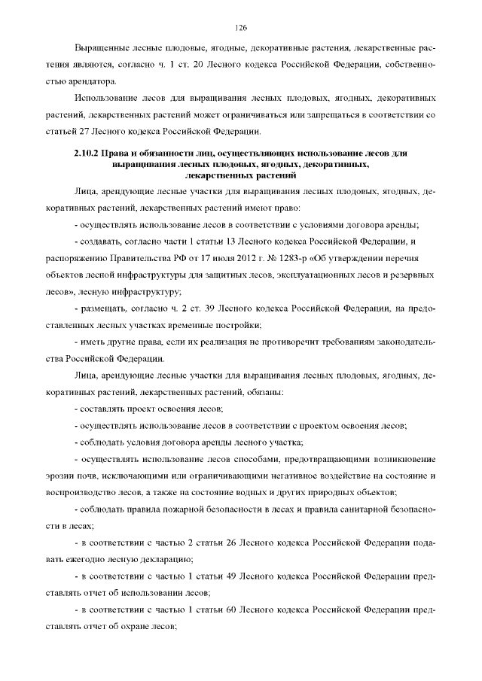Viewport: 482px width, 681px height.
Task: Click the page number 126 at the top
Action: (240, 27)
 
